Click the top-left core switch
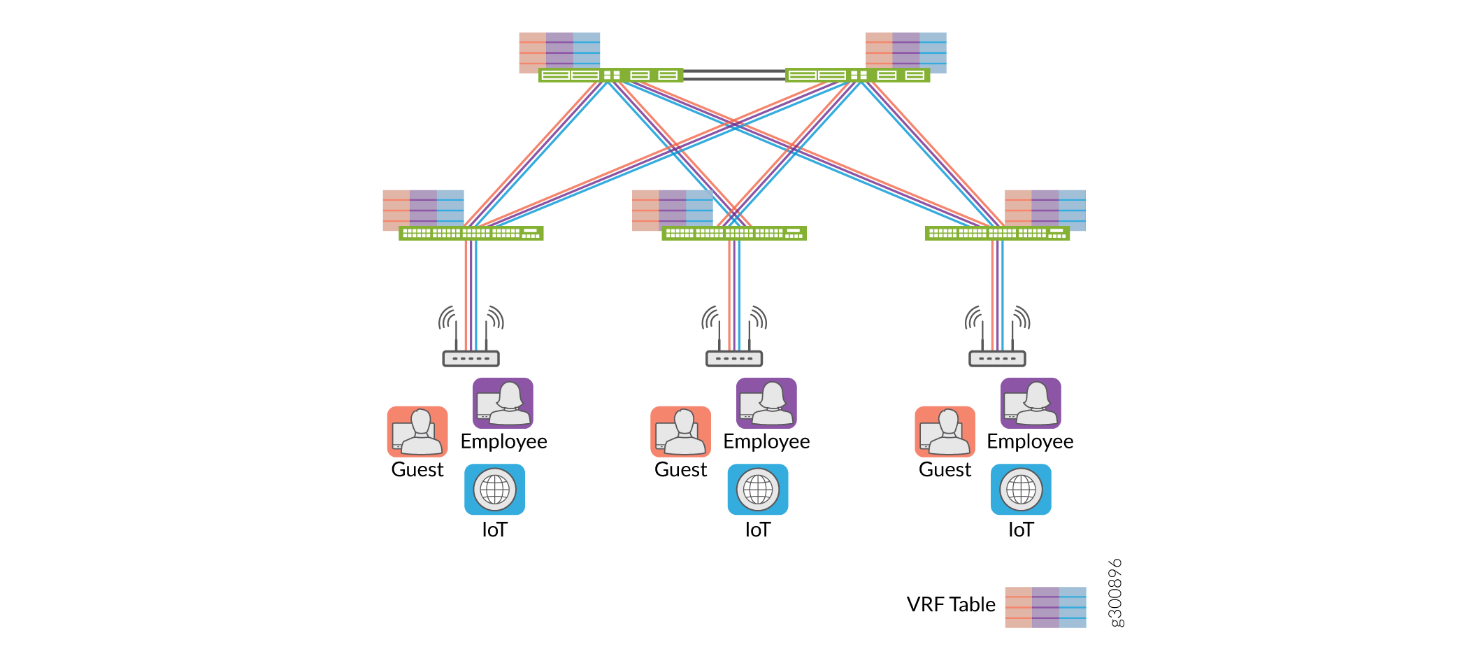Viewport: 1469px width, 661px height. click(x=610, y=75)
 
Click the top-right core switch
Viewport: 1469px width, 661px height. click(x=857, y=75)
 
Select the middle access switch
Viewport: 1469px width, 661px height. click(x=733, y=233)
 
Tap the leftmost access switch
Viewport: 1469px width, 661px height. click(x=471, y=233)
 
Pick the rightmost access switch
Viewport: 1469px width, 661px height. click(x=997, y=233)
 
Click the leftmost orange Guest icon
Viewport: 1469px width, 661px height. click(x=417, y=431)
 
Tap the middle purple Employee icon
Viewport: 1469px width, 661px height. click(x=766, y=403)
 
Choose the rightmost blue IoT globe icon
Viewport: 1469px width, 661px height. click(x=1021, y=489)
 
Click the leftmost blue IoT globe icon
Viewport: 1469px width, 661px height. click(x=494, y=489)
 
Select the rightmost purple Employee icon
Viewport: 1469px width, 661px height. click(x=1031, y=403)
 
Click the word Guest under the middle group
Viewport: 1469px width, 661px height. click(x=680, y=469)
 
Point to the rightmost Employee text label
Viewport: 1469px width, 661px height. click(x=1030, y=441)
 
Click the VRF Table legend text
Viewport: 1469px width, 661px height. click(x=950, y=604)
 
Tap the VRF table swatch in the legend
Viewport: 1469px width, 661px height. click(x=1045, y=607)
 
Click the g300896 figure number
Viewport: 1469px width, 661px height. click(x=1117, y=592)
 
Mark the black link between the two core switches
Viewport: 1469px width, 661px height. click(x=734, y=75)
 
